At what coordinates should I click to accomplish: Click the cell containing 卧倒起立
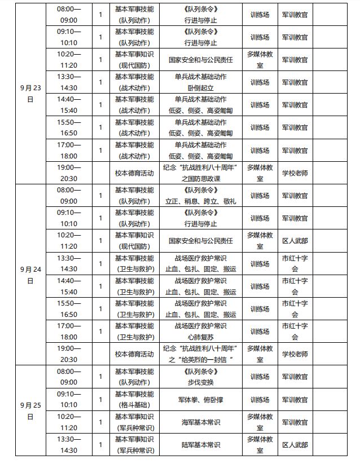200,82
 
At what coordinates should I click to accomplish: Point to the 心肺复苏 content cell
200,332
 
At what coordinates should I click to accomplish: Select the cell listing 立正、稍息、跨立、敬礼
200,196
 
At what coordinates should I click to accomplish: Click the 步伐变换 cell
200,377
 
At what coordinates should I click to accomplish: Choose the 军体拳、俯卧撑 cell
200,400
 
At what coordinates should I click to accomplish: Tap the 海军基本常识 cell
200,422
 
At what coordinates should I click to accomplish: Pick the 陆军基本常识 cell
200,445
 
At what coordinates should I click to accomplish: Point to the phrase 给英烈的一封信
205,360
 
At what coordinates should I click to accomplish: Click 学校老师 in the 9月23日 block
295,173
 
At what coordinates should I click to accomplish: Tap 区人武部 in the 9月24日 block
295,241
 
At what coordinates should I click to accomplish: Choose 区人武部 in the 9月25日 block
295,445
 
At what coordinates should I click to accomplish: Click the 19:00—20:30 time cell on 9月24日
69,354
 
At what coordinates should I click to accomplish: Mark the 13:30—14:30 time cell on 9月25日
69,445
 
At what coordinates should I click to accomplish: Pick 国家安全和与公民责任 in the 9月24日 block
200,241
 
